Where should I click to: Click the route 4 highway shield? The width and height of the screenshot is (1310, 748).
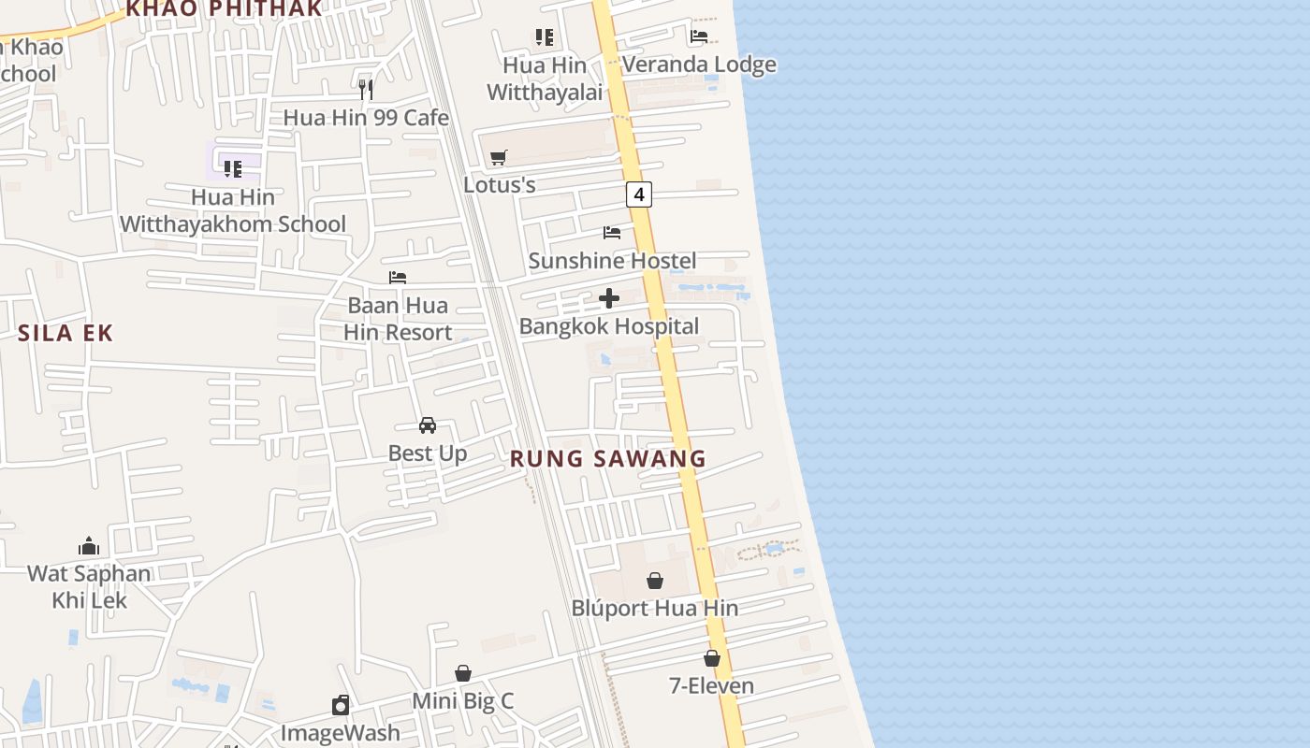(x=639, y=194)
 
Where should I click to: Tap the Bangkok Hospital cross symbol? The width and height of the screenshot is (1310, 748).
(x=609, y=298)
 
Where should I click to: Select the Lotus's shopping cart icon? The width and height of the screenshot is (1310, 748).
(x=499, y=157)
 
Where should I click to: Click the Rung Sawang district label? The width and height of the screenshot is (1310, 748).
(x=608, y=459)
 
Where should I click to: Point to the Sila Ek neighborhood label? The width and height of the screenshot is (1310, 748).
(x=65, y=333)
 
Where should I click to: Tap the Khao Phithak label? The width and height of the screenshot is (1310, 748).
(x=224, y=9)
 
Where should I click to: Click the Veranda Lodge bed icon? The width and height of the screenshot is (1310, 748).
(x=699, y=36)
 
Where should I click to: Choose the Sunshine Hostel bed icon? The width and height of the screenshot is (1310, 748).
(x=612, y=233)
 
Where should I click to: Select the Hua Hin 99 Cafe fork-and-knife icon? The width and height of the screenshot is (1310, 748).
(x=366, y=90)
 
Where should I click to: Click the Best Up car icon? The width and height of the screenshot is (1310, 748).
(x=428, y=425)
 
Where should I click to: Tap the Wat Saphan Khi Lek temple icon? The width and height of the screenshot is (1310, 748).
(x=89, y=546)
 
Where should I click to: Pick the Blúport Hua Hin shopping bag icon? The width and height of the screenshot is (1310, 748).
(x=655, y=581)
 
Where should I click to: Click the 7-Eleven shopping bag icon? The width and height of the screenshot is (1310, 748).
(x=712, y=658)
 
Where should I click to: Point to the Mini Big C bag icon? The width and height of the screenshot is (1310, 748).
(x=463, y=673)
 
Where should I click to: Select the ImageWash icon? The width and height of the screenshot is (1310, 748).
(x=341, y=705)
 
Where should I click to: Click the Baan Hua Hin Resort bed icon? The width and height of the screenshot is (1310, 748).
(x=398, y=278)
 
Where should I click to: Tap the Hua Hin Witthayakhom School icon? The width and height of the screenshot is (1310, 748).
(x=233, y=169)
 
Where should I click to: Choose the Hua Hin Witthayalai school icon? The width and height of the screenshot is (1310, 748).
(x=545, y=37)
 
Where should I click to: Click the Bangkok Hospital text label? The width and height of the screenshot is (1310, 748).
(x=609, y=326)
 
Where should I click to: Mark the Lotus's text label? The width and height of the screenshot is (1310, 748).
(x=500, y=184)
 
